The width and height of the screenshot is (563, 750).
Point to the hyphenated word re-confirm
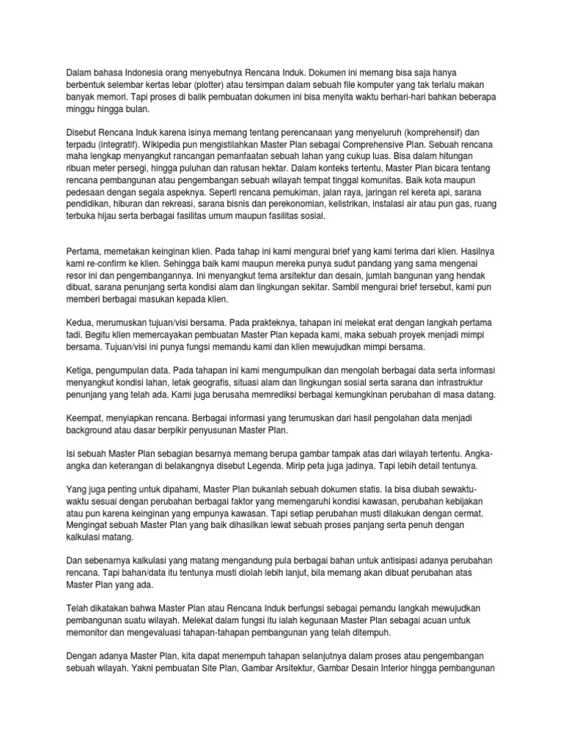(x=96, y=264)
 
